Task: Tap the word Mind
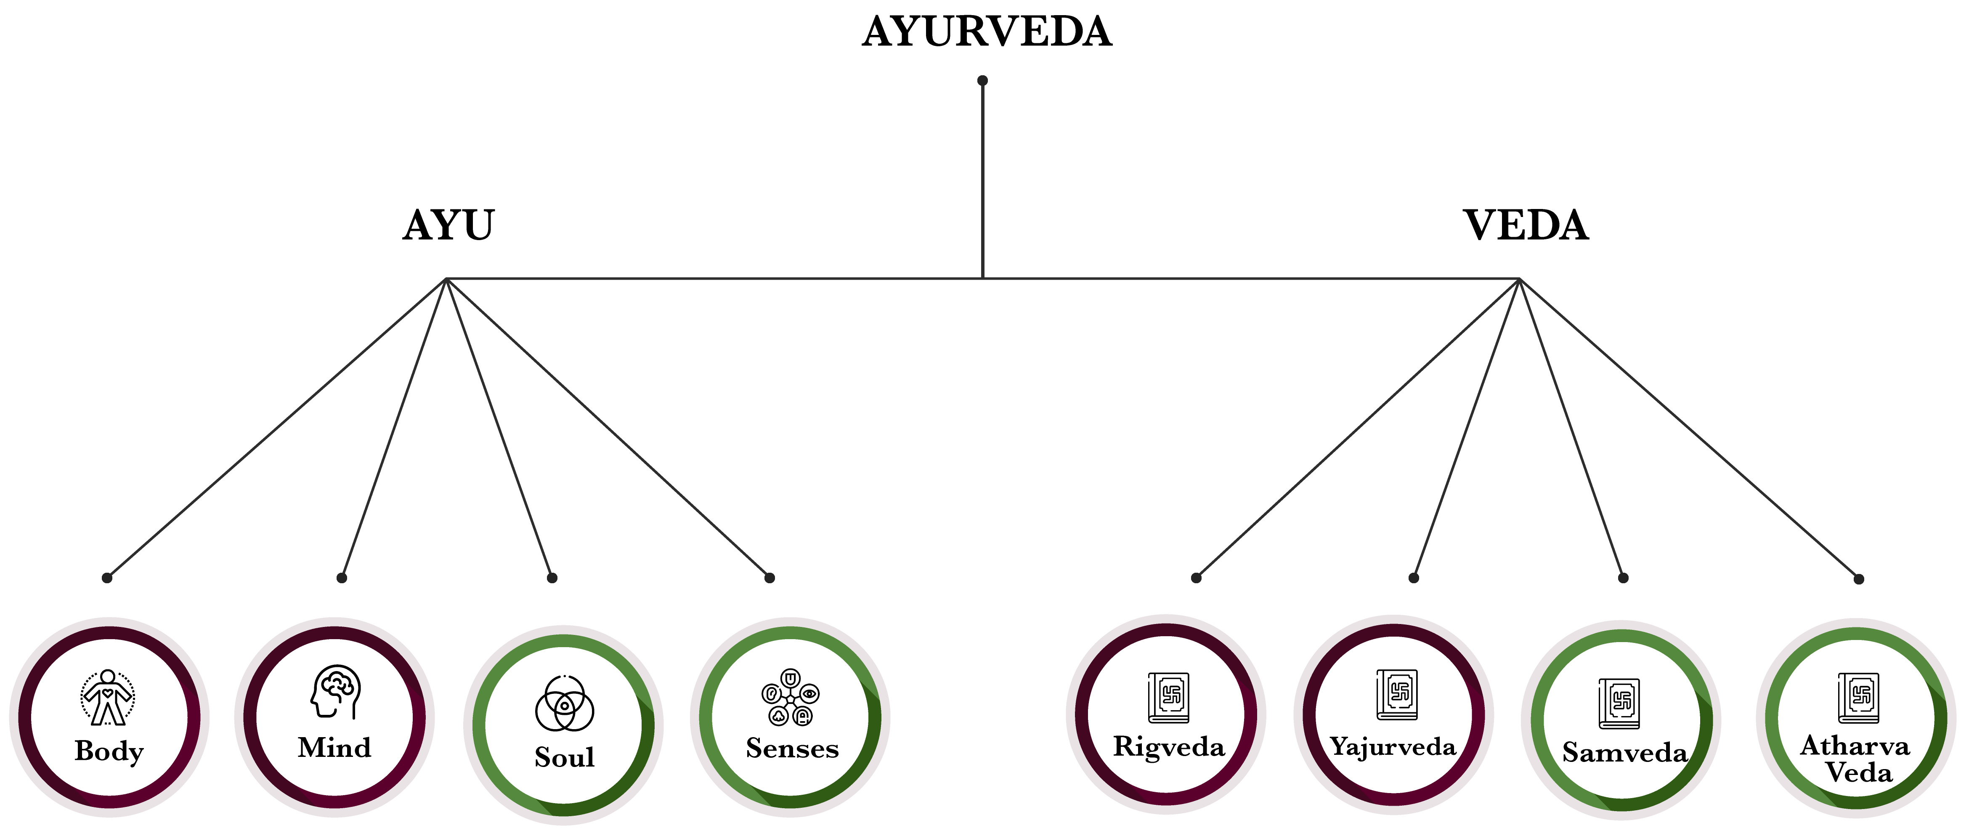click(x=335, y=747)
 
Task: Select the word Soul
click(x=564, y=757)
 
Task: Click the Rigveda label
click(x=1169, y=747)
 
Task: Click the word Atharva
click(x=1855, y=745)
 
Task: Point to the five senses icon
click(x=791, y=697)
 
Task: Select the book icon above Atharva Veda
click(x=1858, y=697)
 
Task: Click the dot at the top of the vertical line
click(x=982, y=80)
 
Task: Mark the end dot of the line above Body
click(x=107, y=578)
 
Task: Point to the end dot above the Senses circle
click(x=770, y=578)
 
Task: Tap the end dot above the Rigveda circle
click(x=1196, y=578)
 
